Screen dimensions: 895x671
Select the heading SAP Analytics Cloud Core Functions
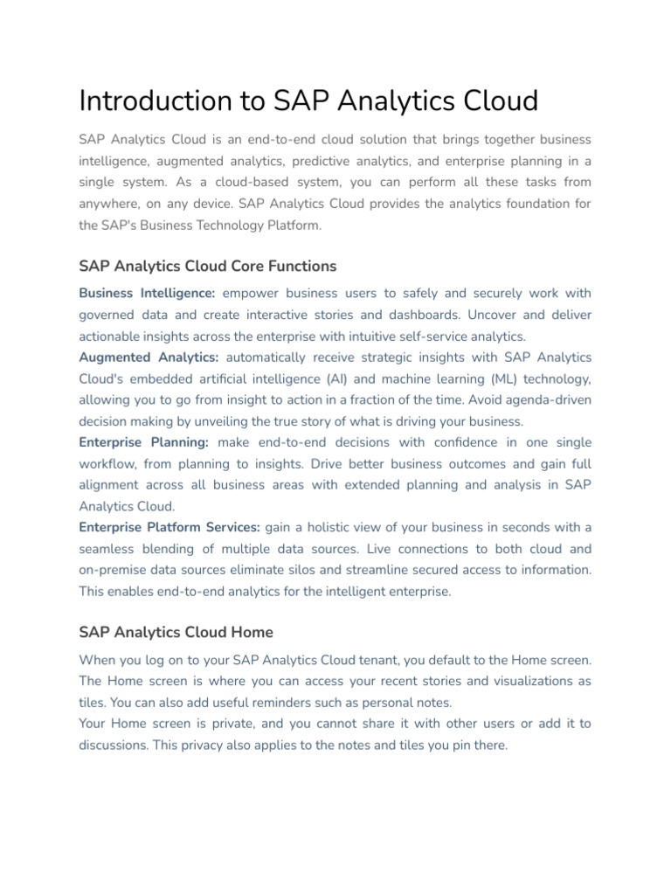pyautogui.click(x=208, y=266)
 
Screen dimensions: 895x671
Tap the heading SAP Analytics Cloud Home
pyautogui.click(x=176, y=632)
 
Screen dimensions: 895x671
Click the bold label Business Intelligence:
pyautogui.click(x=147, y=294)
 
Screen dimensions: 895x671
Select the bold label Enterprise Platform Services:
pyautogui.click(x=169, y=527)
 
